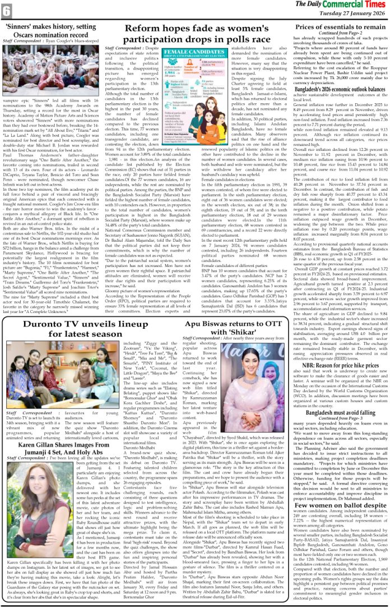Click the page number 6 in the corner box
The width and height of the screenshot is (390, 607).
(7, 9)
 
